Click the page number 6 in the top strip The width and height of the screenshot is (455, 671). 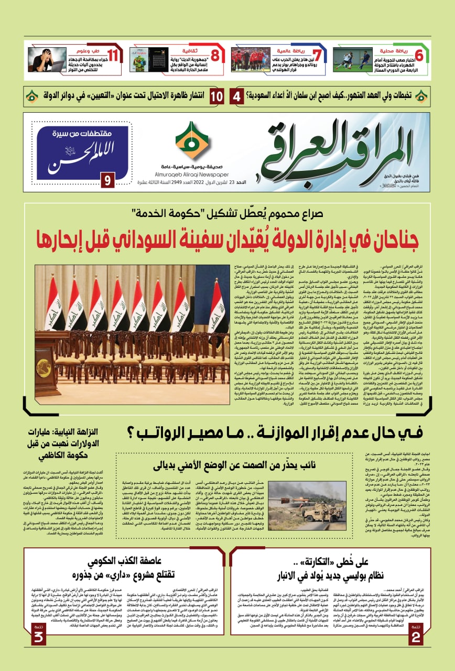tap(419, 55)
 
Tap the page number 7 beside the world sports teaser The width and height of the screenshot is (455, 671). tap(316, 55)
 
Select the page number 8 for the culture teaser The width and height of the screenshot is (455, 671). tap(215, 55)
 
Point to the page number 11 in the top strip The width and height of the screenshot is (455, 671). tap(113, 55)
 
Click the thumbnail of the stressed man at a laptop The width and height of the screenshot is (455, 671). tap(47, 60)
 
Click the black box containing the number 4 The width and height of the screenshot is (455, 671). tap(237, 96)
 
